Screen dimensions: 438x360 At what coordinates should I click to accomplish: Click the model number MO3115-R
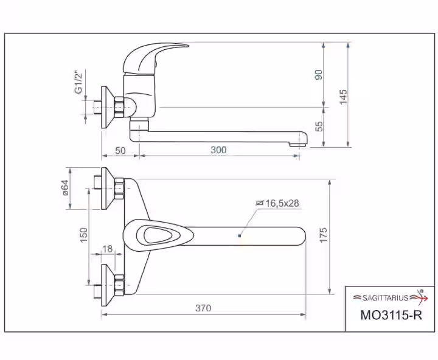tap(391, 315)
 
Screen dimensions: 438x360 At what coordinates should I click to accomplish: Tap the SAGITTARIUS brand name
tap(386, 298)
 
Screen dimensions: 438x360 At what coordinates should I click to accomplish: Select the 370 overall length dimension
tap(203, 308)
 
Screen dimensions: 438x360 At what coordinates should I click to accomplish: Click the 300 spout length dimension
tap(218, 150)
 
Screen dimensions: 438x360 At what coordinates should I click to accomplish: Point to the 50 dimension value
tap(120, 151)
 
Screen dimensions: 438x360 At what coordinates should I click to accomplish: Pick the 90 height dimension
tap(319, 75)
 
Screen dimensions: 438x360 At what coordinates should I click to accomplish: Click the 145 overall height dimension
tap(343, 97)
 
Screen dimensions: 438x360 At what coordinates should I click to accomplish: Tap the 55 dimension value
tap(319, 126)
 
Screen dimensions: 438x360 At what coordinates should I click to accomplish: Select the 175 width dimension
tap(323, 235)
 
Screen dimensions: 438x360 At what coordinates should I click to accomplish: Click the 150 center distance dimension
tap(84, 235)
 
